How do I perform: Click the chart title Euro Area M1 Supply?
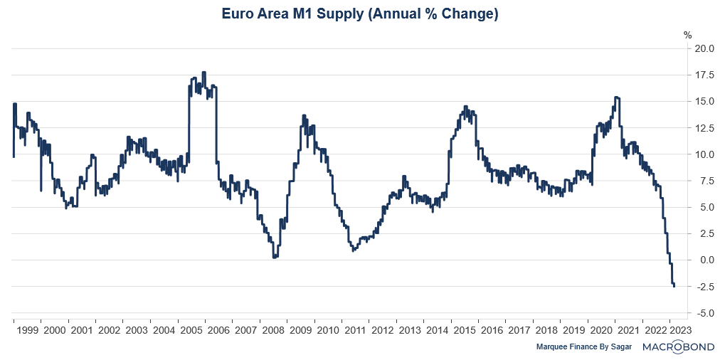(x=359, y=14)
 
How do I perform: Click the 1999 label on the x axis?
(x=27, y=330)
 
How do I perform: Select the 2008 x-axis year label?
(x=273, y=330)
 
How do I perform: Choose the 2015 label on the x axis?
(x=465, y=330)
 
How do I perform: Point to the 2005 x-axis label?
(x=191, y=330)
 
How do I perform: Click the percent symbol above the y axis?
(x=687, y=34)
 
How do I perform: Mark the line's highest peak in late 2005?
(x=204, y=72)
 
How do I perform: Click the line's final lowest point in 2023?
(x=674, y=286)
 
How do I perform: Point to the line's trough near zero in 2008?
(x=275, y=257)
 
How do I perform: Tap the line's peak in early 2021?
(x=616, y=97)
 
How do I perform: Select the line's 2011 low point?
(x=354, y=250)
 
